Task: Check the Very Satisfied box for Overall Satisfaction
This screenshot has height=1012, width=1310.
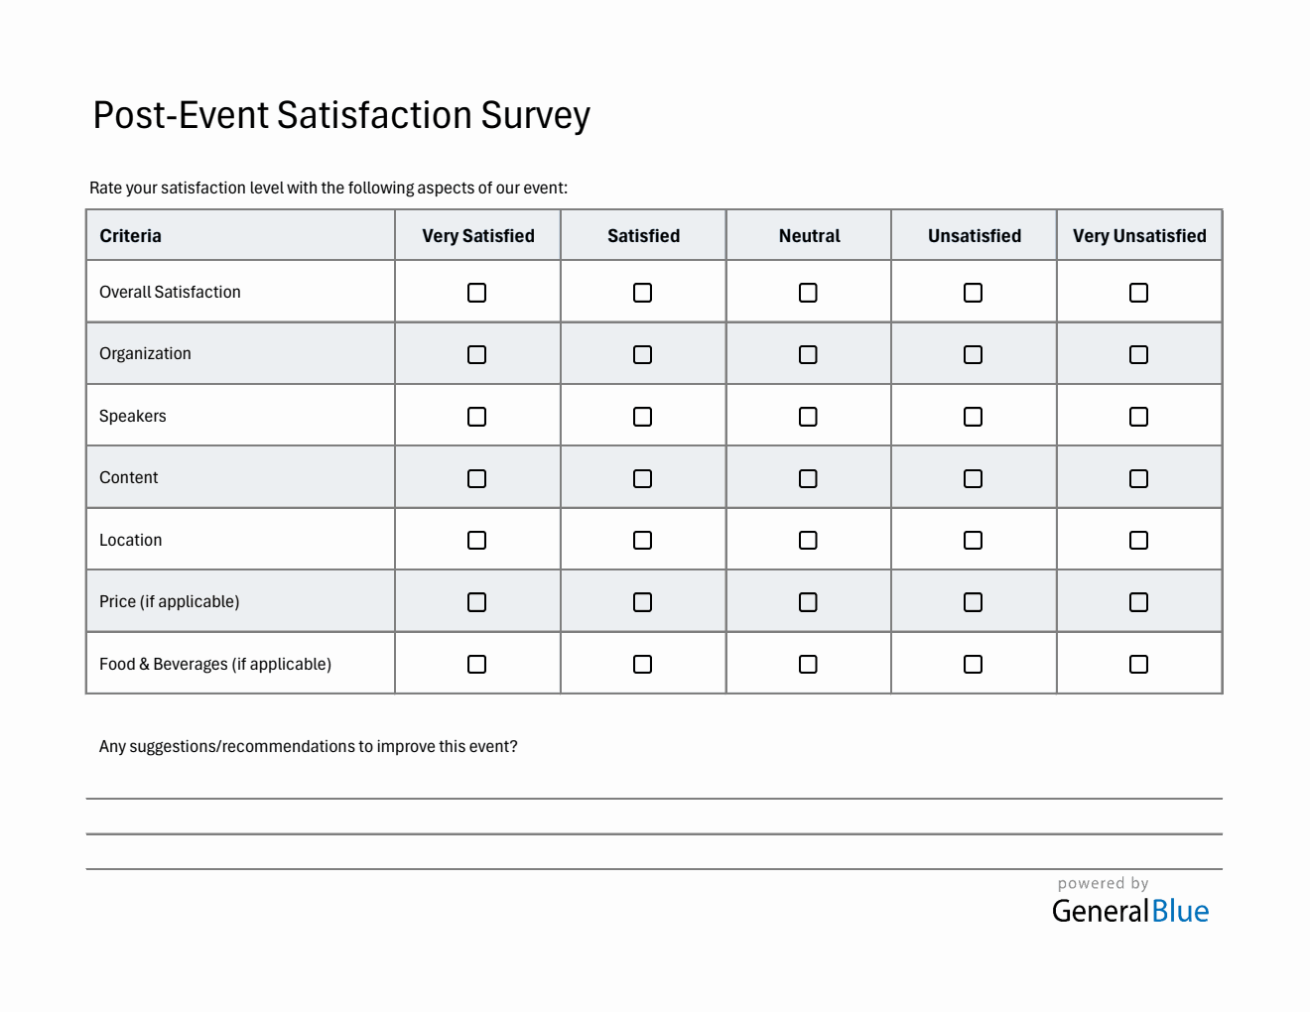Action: tap(476, 293)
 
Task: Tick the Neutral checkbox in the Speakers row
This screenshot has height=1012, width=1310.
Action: tap(808, 417)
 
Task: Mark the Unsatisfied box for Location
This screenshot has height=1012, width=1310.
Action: tap(973, 541)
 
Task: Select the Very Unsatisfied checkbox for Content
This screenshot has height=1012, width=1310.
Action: tap(1138, 478)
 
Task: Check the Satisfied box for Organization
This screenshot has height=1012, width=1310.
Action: tap(642, 354)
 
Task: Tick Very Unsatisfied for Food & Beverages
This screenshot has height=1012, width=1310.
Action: tap(1138, 665)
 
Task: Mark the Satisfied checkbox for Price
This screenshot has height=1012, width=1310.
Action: tap(642, 602)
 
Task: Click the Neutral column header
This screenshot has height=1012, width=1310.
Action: tap(809, 236)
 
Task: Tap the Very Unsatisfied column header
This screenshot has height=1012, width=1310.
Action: tap(1139, 236)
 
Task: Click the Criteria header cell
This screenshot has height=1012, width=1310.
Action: tap(130, 236)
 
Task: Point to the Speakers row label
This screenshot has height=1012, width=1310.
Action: tap(133, 417)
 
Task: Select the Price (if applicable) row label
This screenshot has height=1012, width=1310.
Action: tap(170, 602)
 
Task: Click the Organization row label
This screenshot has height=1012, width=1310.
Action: tap(145, 354)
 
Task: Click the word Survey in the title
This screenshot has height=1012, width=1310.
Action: tap(536, 116)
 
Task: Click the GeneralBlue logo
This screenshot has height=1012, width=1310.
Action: tap(1130, 911)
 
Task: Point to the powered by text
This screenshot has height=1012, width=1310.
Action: tap(1103, 883)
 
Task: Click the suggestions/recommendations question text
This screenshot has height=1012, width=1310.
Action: tap(308, 747)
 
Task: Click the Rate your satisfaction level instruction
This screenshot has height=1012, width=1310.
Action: tap(328, 189)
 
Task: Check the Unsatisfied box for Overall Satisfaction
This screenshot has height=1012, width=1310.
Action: tap(973, 293)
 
